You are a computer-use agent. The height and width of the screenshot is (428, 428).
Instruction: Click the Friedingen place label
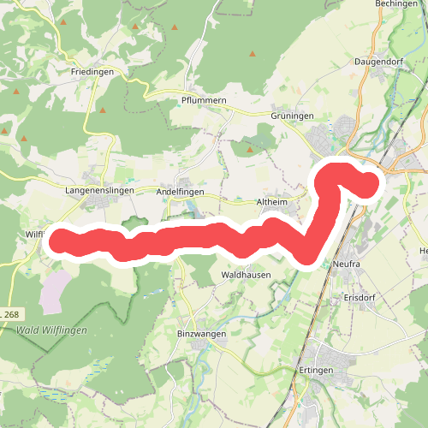click(92, 73)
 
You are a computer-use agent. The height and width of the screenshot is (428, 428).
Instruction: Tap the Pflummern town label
click(202, 100)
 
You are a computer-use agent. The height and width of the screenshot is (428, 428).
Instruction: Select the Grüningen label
click(293, 115)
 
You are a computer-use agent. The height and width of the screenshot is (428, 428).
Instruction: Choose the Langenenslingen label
click(100, 191)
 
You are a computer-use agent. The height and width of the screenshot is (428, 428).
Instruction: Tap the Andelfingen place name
click(181, 192)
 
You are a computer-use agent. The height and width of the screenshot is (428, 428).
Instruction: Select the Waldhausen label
click(247, 275)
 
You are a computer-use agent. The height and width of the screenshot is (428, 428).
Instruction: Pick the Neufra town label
click(349, 265)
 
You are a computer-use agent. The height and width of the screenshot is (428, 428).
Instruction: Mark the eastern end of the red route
click(369, 181)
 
